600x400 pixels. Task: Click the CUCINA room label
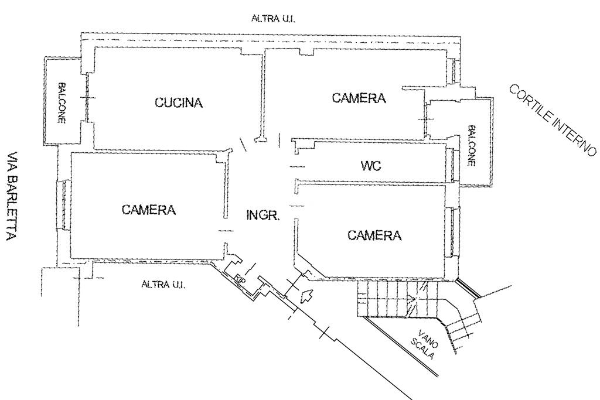point(178,102)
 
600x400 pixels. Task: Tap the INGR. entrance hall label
point(262,216)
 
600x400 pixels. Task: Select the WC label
point(371,166)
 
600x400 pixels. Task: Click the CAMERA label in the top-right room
point(359,98)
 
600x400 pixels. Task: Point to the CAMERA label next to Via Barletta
point(149,210)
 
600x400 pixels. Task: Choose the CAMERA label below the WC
point(374,235)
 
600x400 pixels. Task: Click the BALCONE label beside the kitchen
point(61,103)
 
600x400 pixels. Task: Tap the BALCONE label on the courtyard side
point(472,146)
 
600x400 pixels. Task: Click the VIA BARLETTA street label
point(12,196)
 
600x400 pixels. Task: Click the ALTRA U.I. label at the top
point(273,18)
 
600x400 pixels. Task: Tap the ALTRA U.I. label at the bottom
point(163,285)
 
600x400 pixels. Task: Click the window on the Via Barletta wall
point(64,205)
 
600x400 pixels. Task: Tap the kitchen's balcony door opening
point(88,98)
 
